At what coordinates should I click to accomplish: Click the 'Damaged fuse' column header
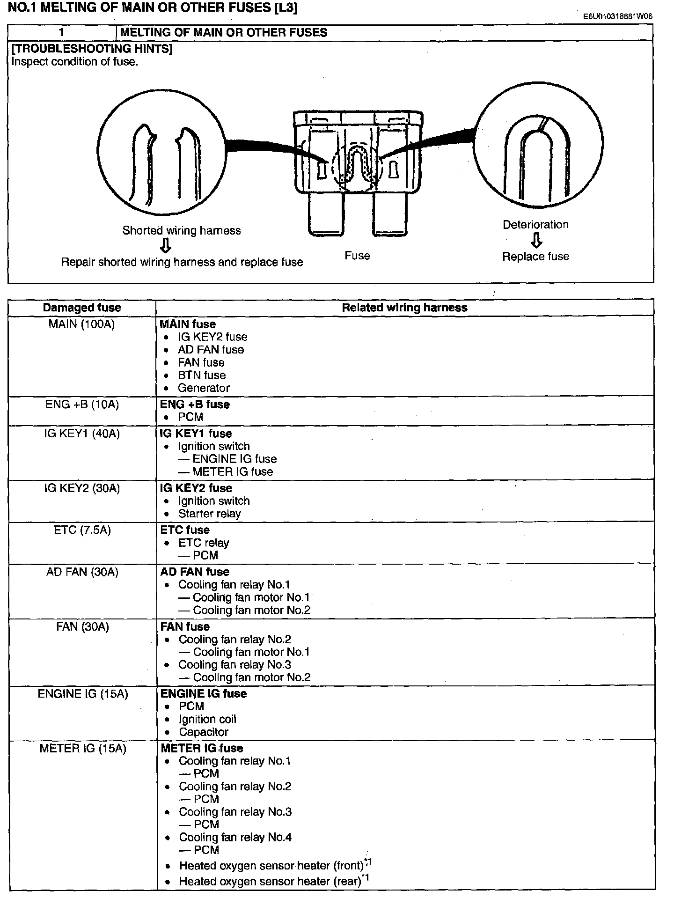pyautogui.click(x=82, y=308)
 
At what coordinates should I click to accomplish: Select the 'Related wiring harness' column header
pyautogui.click(x=404, y=308)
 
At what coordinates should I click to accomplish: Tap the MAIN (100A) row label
pyautogui.click(x=81, y=324)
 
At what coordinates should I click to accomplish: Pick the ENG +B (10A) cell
pyautogui.click(x=82, y=404)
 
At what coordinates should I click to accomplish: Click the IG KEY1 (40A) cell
pyautogui.click(x=82, y=434)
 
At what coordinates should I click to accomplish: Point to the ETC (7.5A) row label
pyautogui.click(x=82, y=530)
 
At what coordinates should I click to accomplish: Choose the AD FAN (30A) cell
pyautogui.click(x=82, y=572)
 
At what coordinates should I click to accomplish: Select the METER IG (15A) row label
pyautogui.click(x=82, y=748)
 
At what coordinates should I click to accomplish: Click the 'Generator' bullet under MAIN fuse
pyautogui.click(x=204, y=388)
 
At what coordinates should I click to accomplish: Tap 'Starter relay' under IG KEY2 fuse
pyautogui.click(x=209, y=514)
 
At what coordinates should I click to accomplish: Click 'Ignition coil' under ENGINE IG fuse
pyautogui.click(x=207, y=719)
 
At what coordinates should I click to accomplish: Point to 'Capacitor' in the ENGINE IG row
pyautogui.click(x=204, y=732)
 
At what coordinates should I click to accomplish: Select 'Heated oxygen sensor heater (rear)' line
pyautogui.click(x=270, y=881)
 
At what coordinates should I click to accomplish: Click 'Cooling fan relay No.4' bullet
pyautogui.click(x=235, y=837)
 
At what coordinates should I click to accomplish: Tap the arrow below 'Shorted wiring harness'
pyautogui.click(x=165, y=245)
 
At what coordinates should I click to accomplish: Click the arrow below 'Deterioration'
pyautogui.click(x=536, y=240)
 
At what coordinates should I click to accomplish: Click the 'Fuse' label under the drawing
pyautogui.click(x=357, y=256)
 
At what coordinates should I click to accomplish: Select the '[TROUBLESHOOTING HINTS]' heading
pyautogui.click(x=92, y=49)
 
